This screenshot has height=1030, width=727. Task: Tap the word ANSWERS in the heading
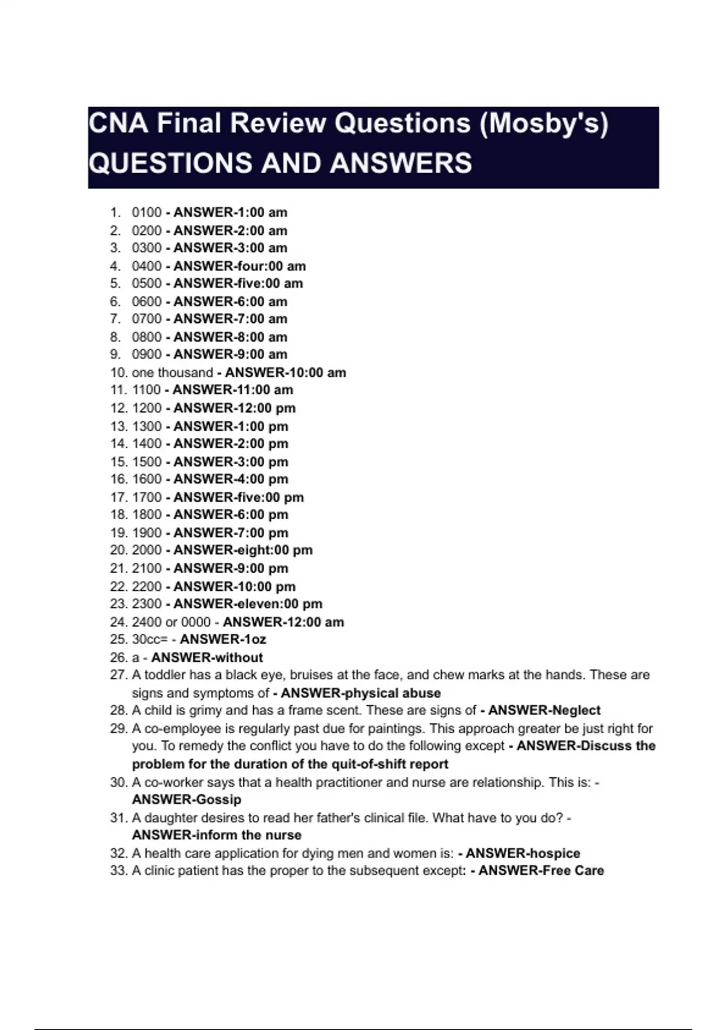click(401, 163)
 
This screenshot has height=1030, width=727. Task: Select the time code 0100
click(147, 213)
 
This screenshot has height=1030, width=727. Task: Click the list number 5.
click(115, 284)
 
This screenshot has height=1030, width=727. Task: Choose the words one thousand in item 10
click(172, 373)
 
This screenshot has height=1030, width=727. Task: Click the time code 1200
click(147, 408)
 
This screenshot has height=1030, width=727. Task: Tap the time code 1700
click(147, 497)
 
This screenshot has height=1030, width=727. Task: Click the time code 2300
click(147, 604)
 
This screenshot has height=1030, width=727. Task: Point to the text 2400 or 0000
click(171, 622)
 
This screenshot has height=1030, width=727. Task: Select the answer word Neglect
click(576, 710)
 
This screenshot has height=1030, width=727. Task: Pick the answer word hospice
click(552, 853)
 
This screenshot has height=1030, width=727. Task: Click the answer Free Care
click(573, 871)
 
